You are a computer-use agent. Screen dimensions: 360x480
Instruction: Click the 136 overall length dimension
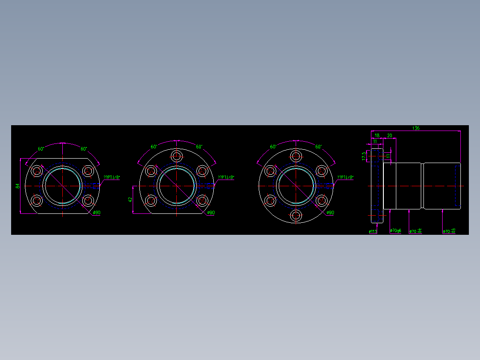[x=415, y=128]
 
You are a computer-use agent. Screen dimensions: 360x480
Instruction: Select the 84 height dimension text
[x=18, y=186]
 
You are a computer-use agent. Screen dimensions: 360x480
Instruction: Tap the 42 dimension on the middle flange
[x=130, y=200]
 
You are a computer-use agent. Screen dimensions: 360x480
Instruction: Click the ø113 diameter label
[x=373, y=231]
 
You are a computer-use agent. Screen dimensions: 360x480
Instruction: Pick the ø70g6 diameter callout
[x=395, y=231]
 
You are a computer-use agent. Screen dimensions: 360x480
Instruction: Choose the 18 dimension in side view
[x=377, y=135]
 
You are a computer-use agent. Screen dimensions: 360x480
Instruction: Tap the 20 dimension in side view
[x=390, y=135]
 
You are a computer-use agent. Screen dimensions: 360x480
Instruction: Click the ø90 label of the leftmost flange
[x=97, y=213]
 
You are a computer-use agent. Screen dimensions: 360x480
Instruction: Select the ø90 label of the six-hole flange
[x=330, y=213]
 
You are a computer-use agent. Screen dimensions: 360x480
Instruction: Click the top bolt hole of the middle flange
[x=177, y=156]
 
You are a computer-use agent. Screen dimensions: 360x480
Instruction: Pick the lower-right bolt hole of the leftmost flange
[x=88, y=201]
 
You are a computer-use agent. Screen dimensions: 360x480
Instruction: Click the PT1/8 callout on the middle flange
[x=226, y=177]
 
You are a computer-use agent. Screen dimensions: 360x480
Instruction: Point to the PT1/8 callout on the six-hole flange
[x=345, y=177]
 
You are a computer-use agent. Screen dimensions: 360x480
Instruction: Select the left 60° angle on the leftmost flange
[x=41, y=149]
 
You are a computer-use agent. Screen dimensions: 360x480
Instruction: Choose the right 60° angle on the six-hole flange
[x=318, y=147]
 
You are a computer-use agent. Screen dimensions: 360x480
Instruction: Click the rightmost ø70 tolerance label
[x=449, y=231]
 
